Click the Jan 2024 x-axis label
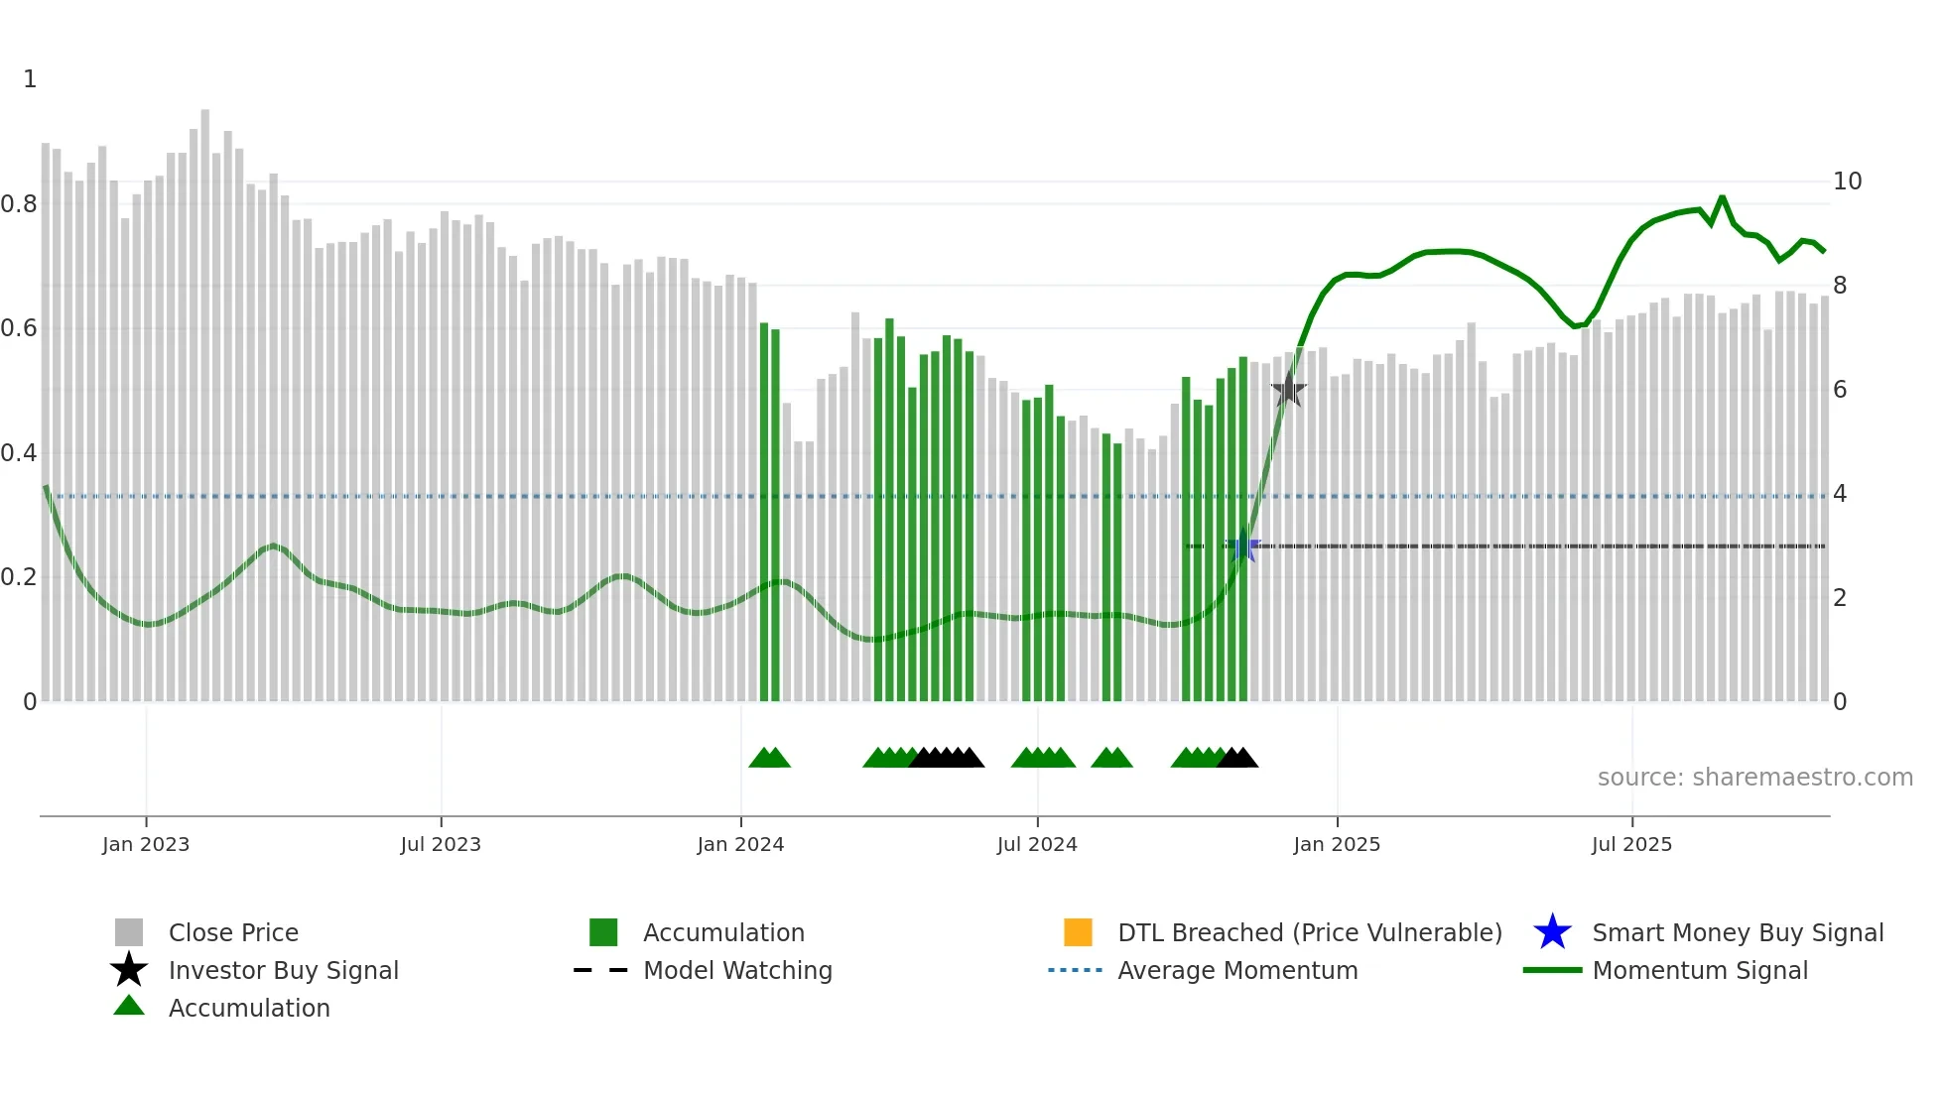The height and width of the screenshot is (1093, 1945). pyautogui.click(x=740, y=844)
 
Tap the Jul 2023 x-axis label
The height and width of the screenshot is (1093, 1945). pyautogui.click(x=441, y=844)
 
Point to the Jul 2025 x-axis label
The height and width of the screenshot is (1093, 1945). pyautogui.click(x=1631, y=844)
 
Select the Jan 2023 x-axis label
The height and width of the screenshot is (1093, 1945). pyautogui.click(x=146, y=844)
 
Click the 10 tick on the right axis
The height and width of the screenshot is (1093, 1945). pyautogui.click(x=1847, y=182)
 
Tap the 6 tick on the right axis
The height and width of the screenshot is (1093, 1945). pyautogui.click(x=1840, y=390)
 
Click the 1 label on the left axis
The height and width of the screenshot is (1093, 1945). pyautogui.click(x=30, y=79)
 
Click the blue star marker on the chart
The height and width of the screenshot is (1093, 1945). pyautogui.click(x=1242, y=546)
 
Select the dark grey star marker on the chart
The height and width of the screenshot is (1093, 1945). pyautogui.click(x=1288, y=390)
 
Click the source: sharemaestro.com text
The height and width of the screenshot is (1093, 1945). pyautogui.click(x=1754, y=778)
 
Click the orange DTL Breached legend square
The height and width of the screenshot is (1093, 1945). pyautogui.click(x=1078, y=932)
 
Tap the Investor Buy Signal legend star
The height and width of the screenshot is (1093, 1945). pyautogui.click(x=129, y=970)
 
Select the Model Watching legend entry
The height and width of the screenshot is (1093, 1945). pyautogui.click(x=736, y=970)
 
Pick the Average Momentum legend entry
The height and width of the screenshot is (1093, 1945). pyautogui.click(x=1236, y=970)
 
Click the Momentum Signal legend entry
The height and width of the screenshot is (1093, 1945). pyautogui.click(x=1699, y=970)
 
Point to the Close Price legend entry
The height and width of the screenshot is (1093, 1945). pyautogui.click(x=232, y=932)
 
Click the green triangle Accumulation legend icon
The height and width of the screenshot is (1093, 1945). pyautogui.click(x=129, y=1007)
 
